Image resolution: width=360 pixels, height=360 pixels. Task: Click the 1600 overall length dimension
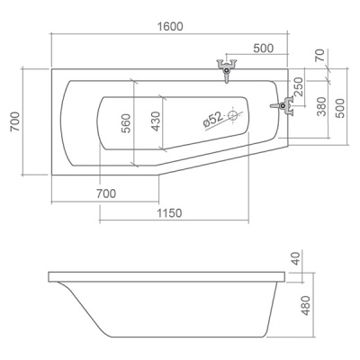coord(170,27)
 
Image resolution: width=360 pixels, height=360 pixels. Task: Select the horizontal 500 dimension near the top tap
coord(264,49)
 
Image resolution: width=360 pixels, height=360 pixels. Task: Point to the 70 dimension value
coord(320,55)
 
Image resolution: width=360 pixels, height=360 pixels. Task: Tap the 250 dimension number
coord(299,86)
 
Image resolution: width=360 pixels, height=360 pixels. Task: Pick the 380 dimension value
coord(321,106)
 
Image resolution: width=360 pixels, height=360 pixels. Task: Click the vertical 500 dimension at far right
coord(340,108)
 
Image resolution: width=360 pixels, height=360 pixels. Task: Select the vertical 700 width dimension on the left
coord(15,121)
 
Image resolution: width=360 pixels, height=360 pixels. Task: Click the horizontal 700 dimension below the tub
coord(106,193)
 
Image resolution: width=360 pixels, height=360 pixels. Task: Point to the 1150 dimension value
coord(169,213)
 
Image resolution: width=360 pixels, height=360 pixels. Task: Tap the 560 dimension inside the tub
coord(126,123)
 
